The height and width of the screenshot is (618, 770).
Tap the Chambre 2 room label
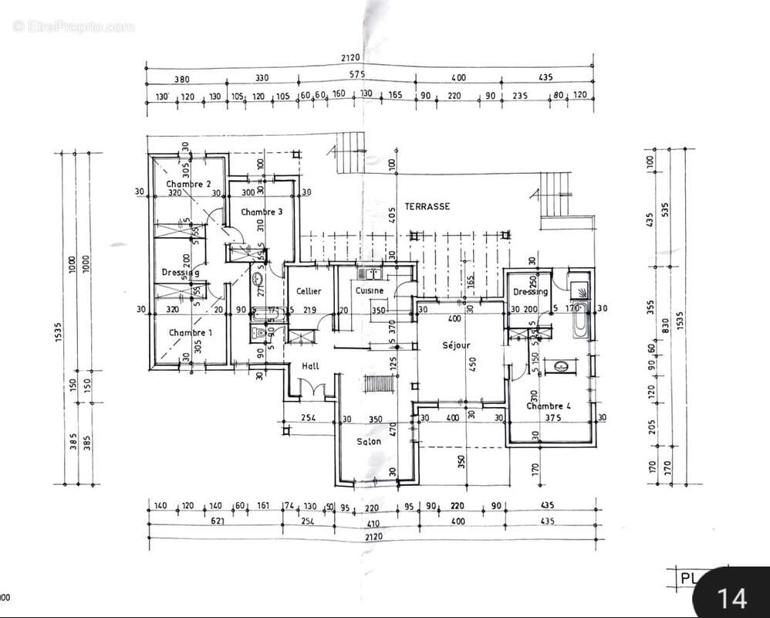[x=188, y=184]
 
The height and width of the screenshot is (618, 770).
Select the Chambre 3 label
[x=262, y=212]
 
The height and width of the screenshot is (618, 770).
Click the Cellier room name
[x=309, y=291]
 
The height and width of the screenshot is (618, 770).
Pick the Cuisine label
[x=369, y=290]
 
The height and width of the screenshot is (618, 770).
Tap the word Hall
[x=310, y=366]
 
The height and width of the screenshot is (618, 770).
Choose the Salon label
[x=369, y=442]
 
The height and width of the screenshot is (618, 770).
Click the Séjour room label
[x=456, y=345]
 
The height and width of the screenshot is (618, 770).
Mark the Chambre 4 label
[x=549, y=406]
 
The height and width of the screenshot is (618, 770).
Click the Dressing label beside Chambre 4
[x=530, y=292]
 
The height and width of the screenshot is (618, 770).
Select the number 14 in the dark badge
[x=731, y=597]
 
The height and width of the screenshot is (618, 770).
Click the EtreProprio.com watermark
[x=73, y=27]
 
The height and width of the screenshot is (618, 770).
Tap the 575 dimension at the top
[x=356, y=75]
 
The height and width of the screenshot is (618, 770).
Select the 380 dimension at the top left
[x=181, y=79]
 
